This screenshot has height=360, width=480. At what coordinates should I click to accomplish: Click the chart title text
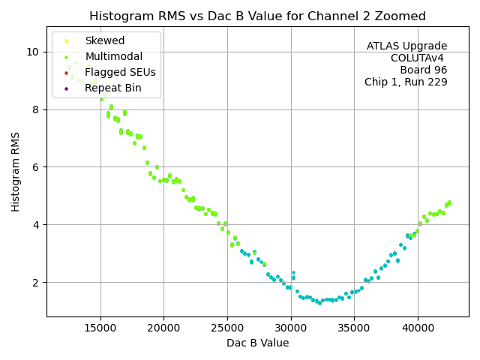click(257, 16)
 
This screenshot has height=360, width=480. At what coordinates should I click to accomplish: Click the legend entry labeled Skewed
click(105, 41)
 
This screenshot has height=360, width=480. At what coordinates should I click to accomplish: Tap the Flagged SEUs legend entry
click(120, 73)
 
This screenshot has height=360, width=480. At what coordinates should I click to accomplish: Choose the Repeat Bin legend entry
click(112, 88)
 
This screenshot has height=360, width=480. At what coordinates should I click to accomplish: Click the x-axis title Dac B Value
click(257, 343)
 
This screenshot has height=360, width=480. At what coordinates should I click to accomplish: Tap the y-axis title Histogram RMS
click(16, 172)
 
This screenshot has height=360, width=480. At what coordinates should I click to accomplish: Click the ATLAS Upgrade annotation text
click(406, 46)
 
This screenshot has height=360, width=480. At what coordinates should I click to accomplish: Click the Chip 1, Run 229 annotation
click(406, 82)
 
